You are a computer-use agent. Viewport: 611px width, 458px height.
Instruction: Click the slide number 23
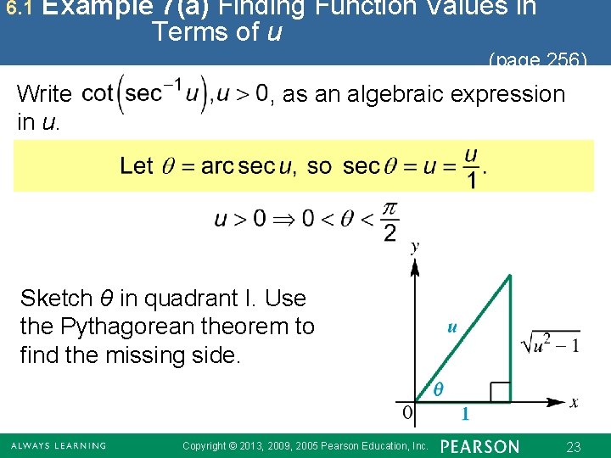pos(573,447)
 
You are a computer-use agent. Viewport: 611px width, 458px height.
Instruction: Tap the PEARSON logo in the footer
pos(479,446)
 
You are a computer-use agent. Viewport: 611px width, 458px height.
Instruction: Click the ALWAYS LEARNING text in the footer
pos(59,446)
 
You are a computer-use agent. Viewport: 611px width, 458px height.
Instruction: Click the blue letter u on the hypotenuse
pos(452,326)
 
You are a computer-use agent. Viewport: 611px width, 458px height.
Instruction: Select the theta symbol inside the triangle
pos(438,389)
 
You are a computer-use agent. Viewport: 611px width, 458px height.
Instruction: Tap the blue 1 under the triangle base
pos(464,415)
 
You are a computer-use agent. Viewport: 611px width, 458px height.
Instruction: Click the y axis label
pos(414,247)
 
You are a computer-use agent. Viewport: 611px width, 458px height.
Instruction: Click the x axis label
pos(574,402)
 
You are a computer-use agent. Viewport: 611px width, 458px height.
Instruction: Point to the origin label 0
pos(408,413)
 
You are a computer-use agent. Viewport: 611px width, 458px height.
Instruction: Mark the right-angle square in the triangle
pos(500,391)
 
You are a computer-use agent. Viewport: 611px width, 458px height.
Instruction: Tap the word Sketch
pos(55,299)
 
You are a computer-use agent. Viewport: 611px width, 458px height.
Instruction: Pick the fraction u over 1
pos(471,168)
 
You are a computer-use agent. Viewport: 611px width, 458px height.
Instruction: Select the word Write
pos(45,93)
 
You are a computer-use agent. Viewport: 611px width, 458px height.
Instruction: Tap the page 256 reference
pos(537,60)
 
